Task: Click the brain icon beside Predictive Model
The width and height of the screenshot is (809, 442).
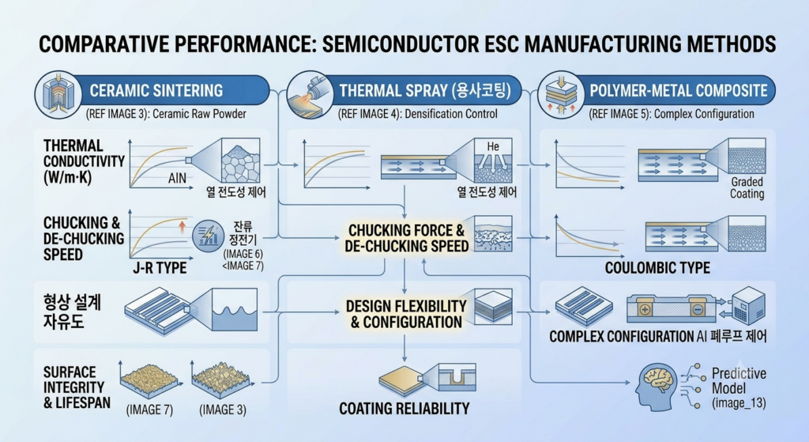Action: coord(657,386)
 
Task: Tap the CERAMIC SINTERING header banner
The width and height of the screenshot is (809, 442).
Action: coord(155,90)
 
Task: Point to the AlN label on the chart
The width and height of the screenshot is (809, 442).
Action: coord(177,178)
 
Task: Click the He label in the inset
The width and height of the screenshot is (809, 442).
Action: coord(493,146)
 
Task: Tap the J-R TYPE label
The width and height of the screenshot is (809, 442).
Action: coord(160,267)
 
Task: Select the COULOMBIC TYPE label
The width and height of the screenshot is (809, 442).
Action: coord(657,267)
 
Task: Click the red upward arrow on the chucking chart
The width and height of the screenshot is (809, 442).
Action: coord(182,227)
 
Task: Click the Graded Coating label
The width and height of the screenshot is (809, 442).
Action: coord(747,188)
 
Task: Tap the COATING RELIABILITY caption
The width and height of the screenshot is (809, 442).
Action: coord(404,409)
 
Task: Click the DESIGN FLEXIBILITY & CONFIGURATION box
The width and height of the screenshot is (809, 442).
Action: coord(406,314)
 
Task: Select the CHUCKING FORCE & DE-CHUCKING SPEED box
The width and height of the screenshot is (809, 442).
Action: coord(407,238)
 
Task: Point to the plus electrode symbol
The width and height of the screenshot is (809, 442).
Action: coord(645,310)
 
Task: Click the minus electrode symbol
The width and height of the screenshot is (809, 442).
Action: coord(697,310)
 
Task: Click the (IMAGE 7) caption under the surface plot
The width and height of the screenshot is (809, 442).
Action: coord(149,410)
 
